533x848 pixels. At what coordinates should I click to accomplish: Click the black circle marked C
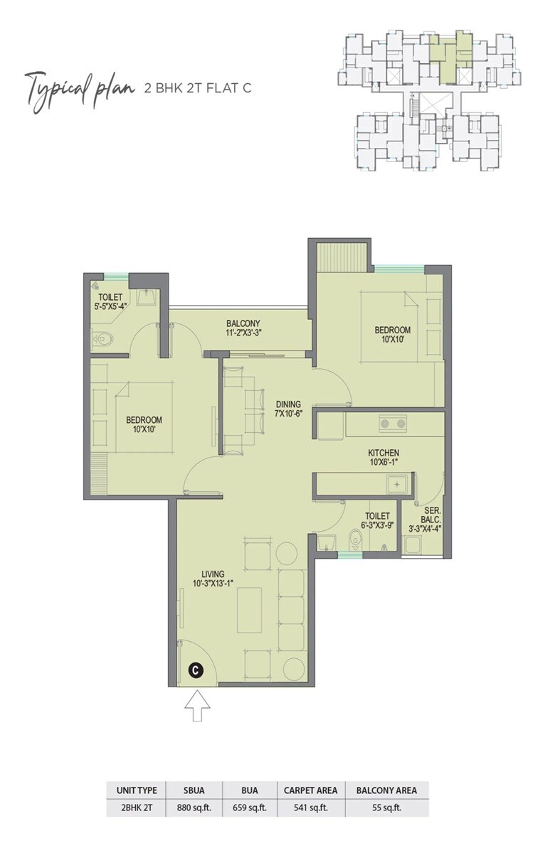click(195, 669)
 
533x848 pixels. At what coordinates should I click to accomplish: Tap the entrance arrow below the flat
click(197, 708)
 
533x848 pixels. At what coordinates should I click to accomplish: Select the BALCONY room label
click(243, 322)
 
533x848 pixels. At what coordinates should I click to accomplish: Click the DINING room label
click(289, 404)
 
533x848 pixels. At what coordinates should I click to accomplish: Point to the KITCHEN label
click(383, 453)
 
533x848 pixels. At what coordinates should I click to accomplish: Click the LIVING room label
click(213, 574)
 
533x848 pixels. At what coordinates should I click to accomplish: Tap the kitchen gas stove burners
click(393, 424)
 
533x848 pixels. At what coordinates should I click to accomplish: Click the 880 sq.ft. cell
click(193, 808)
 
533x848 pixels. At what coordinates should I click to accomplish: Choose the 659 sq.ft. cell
click(249, 808)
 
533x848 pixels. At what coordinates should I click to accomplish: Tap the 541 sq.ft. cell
click(311, 808)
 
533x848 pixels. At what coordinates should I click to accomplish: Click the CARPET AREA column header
click(311, 790)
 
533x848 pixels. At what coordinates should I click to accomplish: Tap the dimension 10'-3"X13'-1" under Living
click(213, 583)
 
